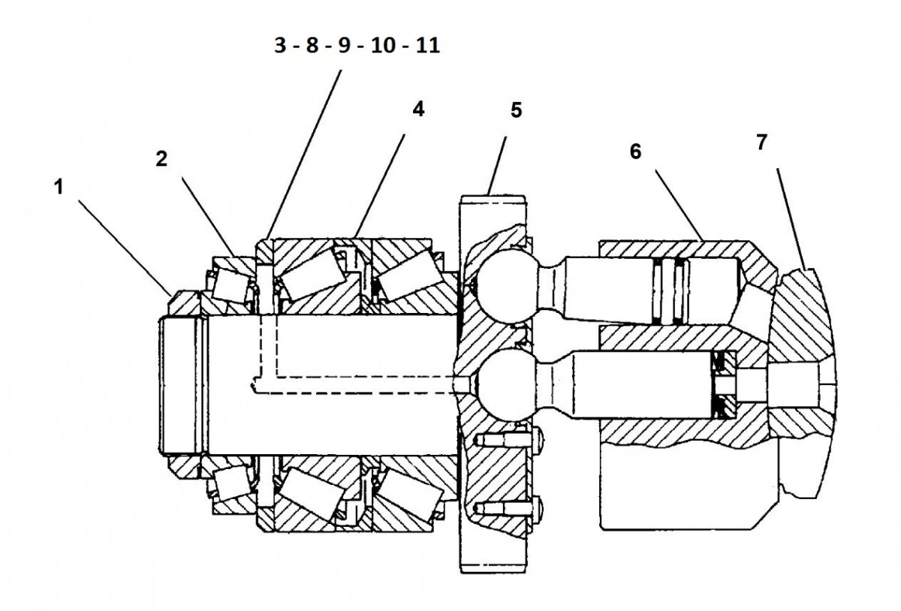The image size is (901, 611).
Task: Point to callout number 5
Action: pos(515,110)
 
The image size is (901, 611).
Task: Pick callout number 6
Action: pos(636,151)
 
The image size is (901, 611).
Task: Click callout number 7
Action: pos(761,143)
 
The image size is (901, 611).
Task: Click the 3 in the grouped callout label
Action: pos(279,46)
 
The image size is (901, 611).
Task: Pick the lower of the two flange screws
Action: pos(511,508)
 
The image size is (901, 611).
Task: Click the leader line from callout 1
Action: pos(124,247)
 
